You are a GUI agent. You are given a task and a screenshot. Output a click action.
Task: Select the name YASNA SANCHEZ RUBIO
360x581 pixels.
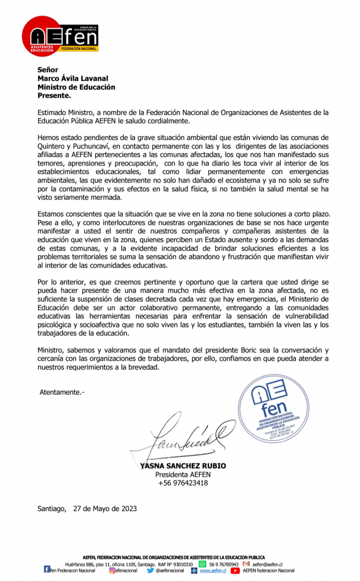point(183,466)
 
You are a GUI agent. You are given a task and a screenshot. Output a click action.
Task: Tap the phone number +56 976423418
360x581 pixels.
point(183,483)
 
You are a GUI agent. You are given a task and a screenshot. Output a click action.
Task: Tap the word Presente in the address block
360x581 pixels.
point(54,96)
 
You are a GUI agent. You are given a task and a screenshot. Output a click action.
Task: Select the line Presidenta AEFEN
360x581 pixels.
point(183,474)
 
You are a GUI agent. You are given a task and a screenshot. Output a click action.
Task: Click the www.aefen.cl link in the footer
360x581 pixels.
point(213,570)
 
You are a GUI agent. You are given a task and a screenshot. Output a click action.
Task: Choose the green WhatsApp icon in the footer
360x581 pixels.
point(202,565)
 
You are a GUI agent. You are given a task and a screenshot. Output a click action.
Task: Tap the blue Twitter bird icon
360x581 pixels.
point(150,570)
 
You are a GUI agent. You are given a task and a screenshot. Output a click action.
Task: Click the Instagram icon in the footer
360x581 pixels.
point(112,570)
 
